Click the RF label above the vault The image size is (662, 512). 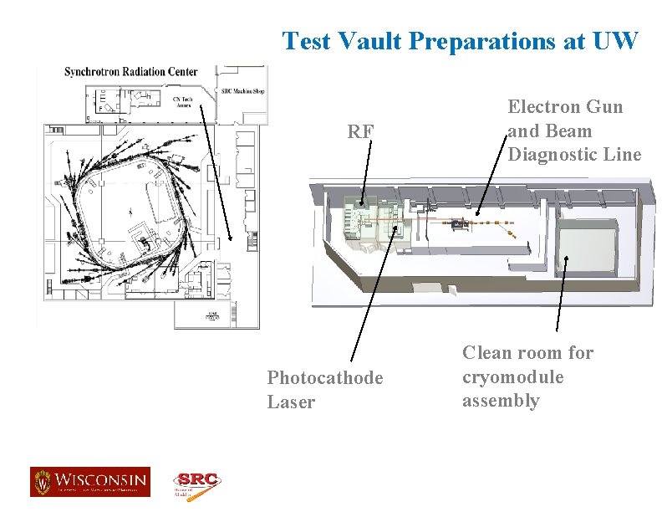coord(361,132)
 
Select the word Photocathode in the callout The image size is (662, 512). coord(325,378)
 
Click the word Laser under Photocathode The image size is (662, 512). coord(291,402)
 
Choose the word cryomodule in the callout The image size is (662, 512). coord(513,377)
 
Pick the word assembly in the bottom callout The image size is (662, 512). coord(501,401)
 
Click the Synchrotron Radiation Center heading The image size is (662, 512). coord(131,72)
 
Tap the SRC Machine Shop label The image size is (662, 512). coord(242,91)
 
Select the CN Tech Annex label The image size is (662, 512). coord(182,102)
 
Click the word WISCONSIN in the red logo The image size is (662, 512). coord(100,481)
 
